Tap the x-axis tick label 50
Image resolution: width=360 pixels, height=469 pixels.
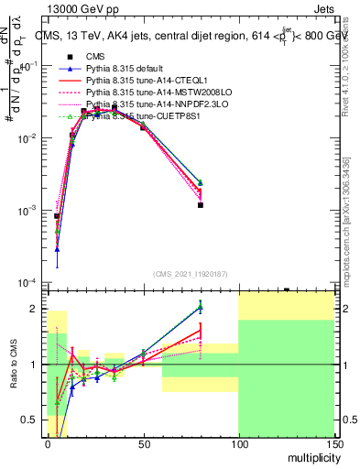tap(143, 443)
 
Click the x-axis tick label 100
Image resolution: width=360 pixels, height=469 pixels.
tap(238, 443)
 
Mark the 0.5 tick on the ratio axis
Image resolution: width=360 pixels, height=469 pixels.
tap(36, 420)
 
